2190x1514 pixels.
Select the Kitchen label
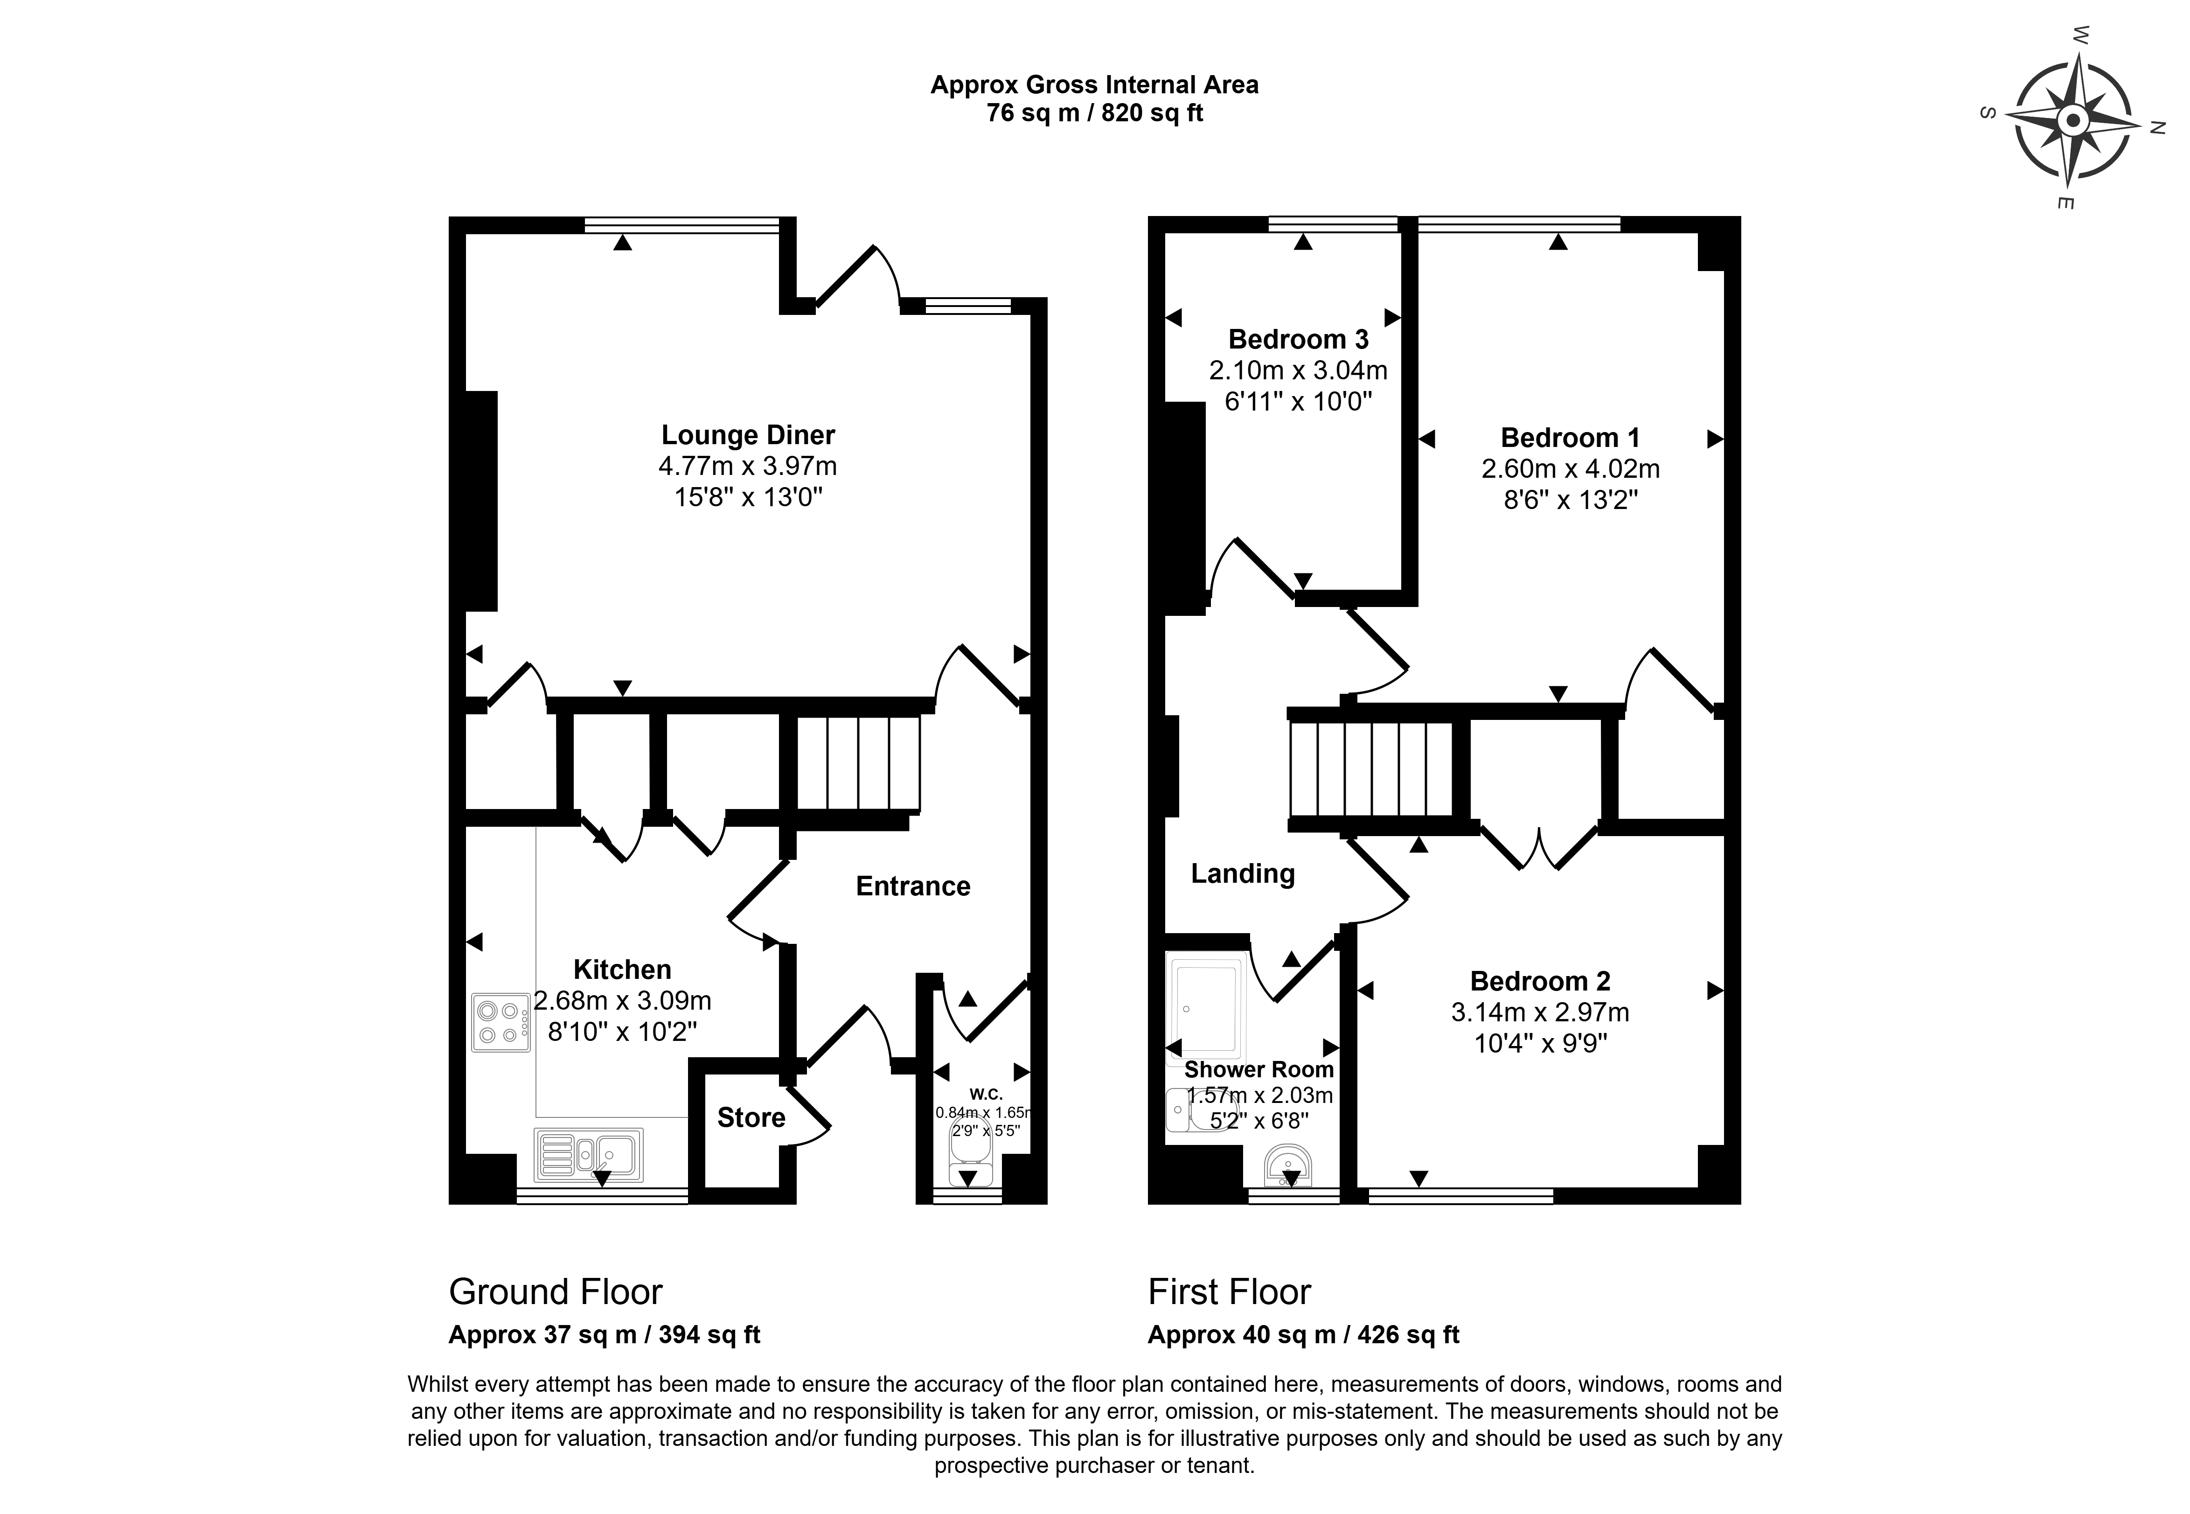click(622, 970)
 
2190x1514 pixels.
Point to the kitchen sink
click(588, 1154)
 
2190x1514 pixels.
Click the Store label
click(751, 1117)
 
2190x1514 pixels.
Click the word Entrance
click(913, 886)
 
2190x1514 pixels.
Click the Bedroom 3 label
click(1299, 339)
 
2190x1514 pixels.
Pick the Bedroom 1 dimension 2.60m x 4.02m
click(1571, 468)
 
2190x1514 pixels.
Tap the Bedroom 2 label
click(1540, 981)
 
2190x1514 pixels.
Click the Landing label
click(1243, 874)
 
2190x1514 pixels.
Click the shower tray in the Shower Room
click(1206, 1007)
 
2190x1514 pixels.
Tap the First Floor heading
click(1229, 1292)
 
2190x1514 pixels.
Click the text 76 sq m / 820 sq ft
click(1094, 113)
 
